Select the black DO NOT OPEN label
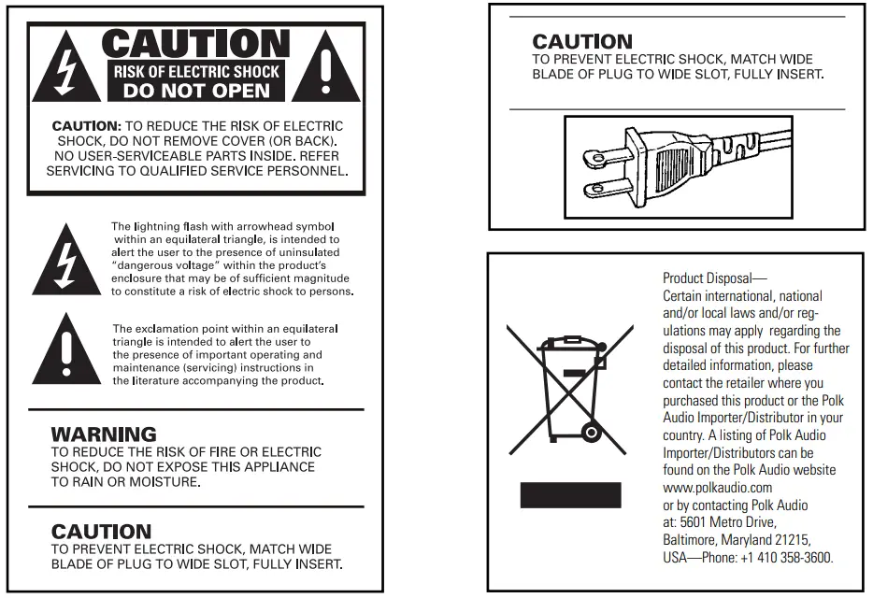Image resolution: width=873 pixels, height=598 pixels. pos(196,92)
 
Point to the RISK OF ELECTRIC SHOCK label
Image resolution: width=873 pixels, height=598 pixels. pos(196,71)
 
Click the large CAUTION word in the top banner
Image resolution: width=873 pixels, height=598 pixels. pos(195,44)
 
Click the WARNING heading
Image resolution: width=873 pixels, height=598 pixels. pos(104,434)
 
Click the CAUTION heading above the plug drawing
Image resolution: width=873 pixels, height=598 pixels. pos(582,42)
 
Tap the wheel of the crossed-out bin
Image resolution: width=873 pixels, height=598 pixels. pos(590,432)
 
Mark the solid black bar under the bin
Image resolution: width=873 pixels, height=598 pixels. pos(570,494)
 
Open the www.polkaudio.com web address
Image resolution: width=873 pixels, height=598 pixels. pos(717,488)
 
